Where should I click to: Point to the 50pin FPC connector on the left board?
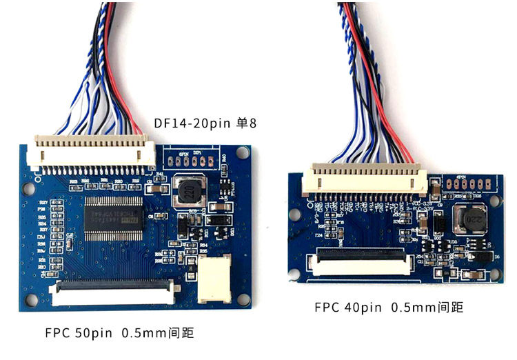tap(110, 294)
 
